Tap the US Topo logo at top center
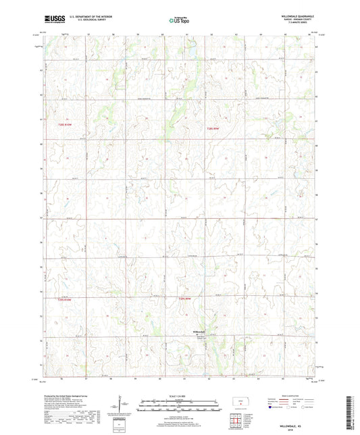click(x=177, y=21)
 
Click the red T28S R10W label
click(x=64, y=126)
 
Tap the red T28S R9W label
click(x=213, y=128)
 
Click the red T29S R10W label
click(x=64, y=298)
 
